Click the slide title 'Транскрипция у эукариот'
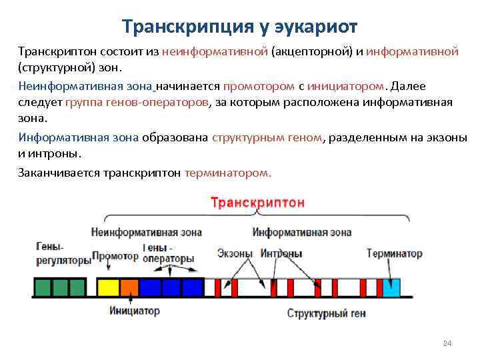240,27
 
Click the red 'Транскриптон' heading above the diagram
258,202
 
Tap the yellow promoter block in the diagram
107,287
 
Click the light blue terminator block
391,287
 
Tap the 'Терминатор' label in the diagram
394,254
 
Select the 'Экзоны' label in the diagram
235,254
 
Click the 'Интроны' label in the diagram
281,254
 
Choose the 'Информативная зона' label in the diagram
301,233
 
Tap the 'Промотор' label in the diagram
115,255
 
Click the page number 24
447,343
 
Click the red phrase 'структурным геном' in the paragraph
267,137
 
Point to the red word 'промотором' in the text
259,86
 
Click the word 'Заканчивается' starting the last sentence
59,172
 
